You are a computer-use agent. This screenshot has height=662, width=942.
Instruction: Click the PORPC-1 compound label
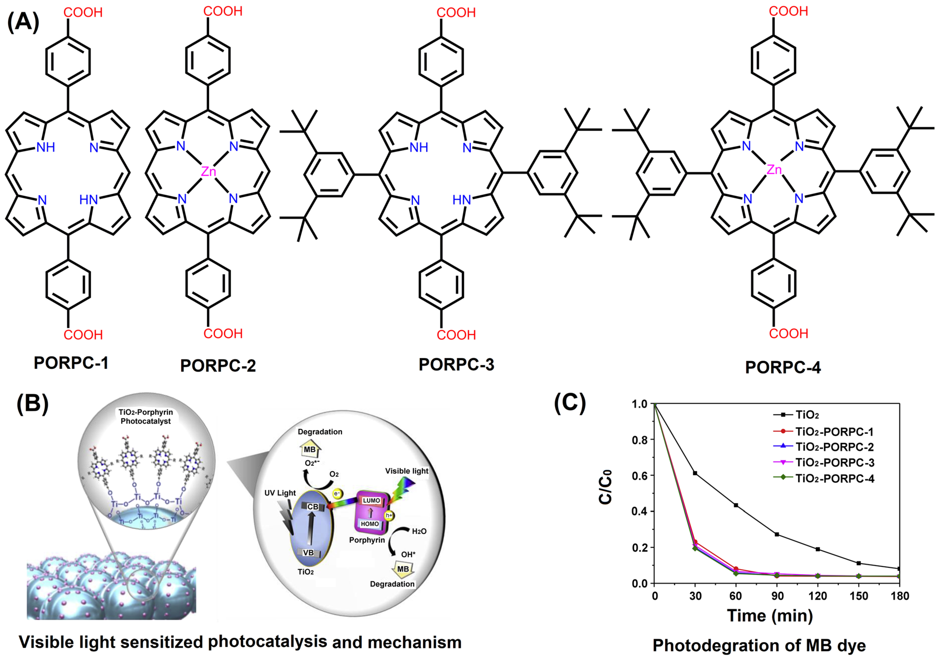(71, 363)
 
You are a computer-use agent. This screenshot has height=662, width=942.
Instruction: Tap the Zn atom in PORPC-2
(208, 171)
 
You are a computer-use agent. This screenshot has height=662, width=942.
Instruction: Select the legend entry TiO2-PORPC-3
(834, 463)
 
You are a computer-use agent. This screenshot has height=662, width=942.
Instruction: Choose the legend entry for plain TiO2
(807, 415)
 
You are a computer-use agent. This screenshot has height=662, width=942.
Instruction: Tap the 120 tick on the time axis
(818, 596)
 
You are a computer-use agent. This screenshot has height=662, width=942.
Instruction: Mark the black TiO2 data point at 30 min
(695, 473)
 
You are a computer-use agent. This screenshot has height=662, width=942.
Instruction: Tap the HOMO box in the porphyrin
(370, 524)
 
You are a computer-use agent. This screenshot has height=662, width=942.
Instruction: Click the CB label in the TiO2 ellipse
(313, 507)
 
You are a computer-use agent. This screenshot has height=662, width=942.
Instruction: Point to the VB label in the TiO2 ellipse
(308, 553)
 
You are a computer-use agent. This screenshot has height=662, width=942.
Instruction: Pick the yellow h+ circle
(388, 515)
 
